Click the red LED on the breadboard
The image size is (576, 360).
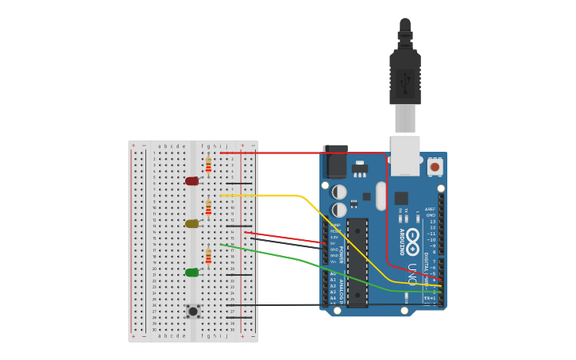pyautogui.click(x=191, y=181)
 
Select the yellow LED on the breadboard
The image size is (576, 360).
pyautogui.click(x=191, y=224)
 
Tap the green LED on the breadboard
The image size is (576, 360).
pyautogui.click(x=191, y=273)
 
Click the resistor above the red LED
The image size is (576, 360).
pyautogui.click(x=208, y=165)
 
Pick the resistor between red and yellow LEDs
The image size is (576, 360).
pyautogui.click(x=208, y=207)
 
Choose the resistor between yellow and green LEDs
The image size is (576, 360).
pyautogui.click(x=208, y=256)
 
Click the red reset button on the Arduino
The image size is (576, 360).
pyautogui.click(x=435, y=167)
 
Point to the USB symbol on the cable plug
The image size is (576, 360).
pyautogui.click(x=404, y=80)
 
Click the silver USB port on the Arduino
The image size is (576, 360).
pyautogui.click(x=405, y=155)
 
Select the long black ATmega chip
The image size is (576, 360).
pyautogui.click(x=358, y=262)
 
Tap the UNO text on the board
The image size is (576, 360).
pyautogui.click(x=412, y=273)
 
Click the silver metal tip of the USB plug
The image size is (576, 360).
pyautogui.click(x=405, y=119)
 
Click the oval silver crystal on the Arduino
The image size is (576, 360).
pyautogui.click(x=381, y=195)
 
